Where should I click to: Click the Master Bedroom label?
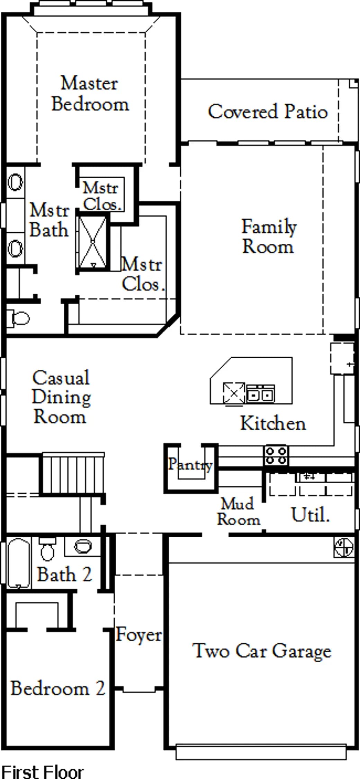(x=90, y=93)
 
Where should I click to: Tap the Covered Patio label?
(x=268, y=111)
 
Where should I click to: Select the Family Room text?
(x=268, y=237)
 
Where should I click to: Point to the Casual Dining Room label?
(x=61, y=397)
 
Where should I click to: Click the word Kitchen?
(x=273, y=423)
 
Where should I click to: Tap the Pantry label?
(x=190, y=464)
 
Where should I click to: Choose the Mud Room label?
(x=238, y=511)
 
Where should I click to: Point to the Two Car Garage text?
(x=262, y=651)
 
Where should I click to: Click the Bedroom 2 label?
(x=58, y=688)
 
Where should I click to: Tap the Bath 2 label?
(x=65, y=574)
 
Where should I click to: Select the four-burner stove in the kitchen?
(x=276, y=455)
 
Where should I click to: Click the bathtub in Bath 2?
(x=19, y=563)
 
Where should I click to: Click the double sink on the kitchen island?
(x=261, y=394)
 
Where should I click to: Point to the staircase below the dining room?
(x=73, y=473)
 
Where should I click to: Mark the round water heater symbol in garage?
(x=344, y=547)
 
